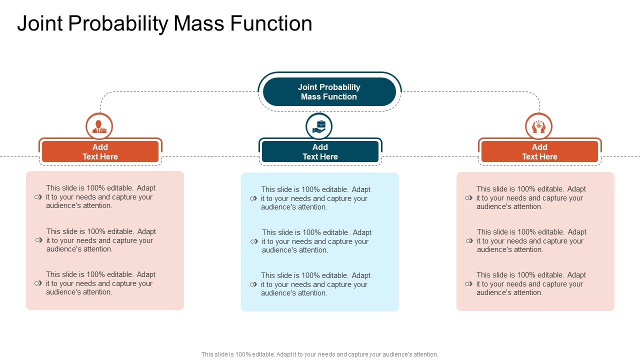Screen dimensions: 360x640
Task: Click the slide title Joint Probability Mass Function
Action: click(164, 24)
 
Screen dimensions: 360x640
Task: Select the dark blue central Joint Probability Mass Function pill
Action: click(329, 92)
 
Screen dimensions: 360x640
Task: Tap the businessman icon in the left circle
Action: click(99, 126)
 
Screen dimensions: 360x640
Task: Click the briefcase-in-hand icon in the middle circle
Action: click(319, 126)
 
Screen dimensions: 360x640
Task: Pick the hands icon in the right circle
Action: click(538, 126)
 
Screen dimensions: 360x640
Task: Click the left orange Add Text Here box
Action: click(100, 151)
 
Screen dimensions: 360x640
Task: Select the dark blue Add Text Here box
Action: click(320, 151)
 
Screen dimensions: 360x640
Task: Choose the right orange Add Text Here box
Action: click(539, 151)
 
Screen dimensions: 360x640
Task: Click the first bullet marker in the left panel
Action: click(38, 197)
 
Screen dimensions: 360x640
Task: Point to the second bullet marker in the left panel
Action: click(38, 240)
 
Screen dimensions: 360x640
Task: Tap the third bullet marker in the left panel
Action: click(38, 283)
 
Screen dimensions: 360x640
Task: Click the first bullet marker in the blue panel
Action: click(253, 198)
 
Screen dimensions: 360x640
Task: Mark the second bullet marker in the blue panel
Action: click(254, 241)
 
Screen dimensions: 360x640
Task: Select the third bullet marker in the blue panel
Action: click(253, 284)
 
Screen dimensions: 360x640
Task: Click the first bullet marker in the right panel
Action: click(468, 198)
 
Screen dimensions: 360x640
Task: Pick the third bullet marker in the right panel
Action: click(468, 284)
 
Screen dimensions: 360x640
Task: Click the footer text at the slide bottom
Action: click(320, 354)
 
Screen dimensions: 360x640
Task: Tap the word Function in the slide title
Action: click(272, 24)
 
